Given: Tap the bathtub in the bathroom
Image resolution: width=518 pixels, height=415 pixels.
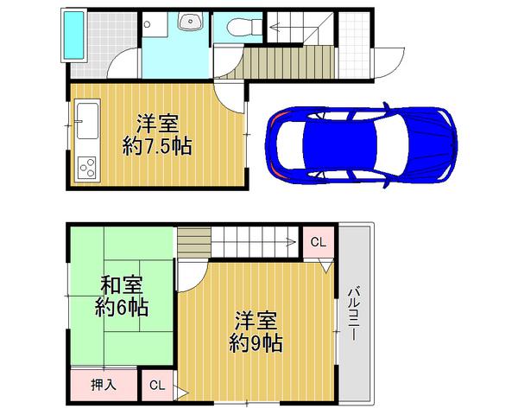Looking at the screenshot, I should click(x=76, y=35).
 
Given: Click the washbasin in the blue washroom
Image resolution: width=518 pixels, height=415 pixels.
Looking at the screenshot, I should click(x=186, y=23).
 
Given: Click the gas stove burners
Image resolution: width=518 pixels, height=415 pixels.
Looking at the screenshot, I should click(x=86, y=166).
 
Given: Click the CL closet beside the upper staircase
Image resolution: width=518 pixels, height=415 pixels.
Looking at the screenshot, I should click(x=317, y=242).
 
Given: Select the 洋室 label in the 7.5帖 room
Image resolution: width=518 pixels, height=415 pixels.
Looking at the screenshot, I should click(x=157, y=122).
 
